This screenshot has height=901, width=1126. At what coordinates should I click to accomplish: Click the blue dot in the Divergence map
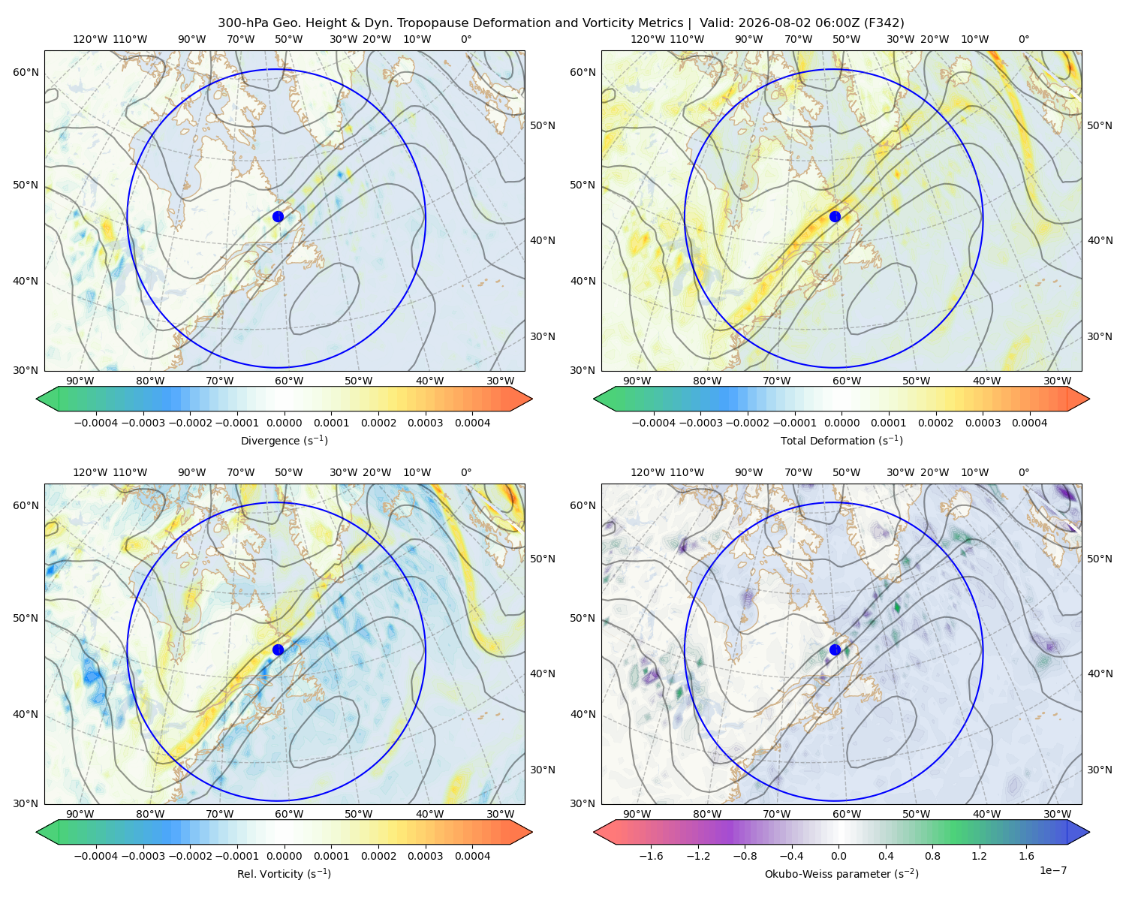[278, 216]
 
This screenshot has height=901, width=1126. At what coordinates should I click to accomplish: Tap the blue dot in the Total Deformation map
[835, 216]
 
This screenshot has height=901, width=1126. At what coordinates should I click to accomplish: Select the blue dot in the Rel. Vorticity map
[278, 649]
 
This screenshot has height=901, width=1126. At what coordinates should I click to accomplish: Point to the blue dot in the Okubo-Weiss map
[835, 649]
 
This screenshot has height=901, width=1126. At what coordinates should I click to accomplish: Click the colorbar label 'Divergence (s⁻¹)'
[284, 440]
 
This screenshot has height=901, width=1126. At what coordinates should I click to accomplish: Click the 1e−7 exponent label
[1052, 870]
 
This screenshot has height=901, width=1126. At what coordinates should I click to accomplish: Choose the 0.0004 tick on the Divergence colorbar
[472, 423]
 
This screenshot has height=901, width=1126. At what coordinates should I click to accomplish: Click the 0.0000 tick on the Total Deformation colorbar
[841, 423]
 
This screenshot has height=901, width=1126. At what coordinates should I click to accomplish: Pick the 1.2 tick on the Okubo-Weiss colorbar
[979, 855]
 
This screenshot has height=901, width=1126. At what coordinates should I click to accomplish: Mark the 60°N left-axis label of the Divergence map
[26, 72]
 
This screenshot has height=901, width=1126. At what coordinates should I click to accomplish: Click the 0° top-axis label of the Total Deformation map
[1024, 39]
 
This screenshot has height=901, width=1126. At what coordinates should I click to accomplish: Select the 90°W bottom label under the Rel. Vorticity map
[80, 814]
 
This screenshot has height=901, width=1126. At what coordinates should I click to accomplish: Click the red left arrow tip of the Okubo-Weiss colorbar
[595, 832]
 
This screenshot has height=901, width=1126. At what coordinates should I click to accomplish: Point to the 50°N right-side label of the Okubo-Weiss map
[1100, 559]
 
